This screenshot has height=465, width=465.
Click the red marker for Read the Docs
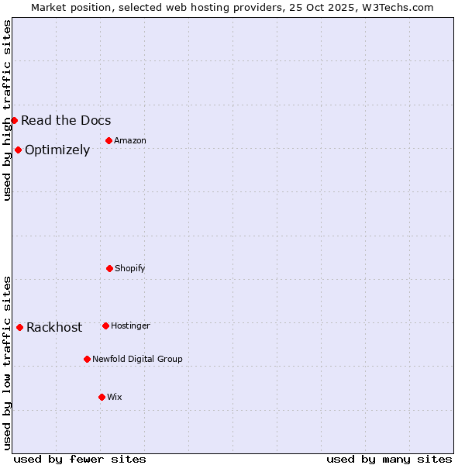[x=14, y=120]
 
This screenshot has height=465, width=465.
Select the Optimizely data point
[x=18, y=150]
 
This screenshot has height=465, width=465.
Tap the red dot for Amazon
[x=108, y=140]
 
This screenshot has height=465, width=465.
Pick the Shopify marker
[x=109, y=268]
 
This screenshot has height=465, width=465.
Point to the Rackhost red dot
[x=19, y=327]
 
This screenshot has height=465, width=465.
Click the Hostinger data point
[x=105, y=325]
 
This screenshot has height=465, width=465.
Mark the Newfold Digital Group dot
[x=87, y=359]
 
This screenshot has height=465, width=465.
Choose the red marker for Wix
[x=102, y=397]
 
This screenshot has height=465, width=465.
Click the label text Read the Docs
[x=66, y=120]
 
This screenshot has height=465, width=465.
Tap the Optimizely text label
[x=57, y=150]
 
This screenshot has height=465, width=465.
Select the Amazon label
[x=130, y=140]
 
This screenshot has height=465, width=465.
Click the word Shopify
[x=130, y=268]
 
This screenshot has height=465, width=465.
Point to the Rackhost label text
[x=54, y=327]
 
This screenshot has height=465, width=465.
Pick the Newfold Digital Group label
[x=137, y=359]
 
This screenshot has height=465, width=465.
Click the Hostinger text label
[x=130, y=325]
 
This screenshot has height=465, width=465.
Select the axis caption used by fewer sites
[x=80, y=459]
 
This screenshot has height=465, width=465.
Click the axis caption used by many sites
[x=389, y=459]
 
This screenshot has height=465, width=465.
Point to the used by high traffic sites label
[x=7, y=110]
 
